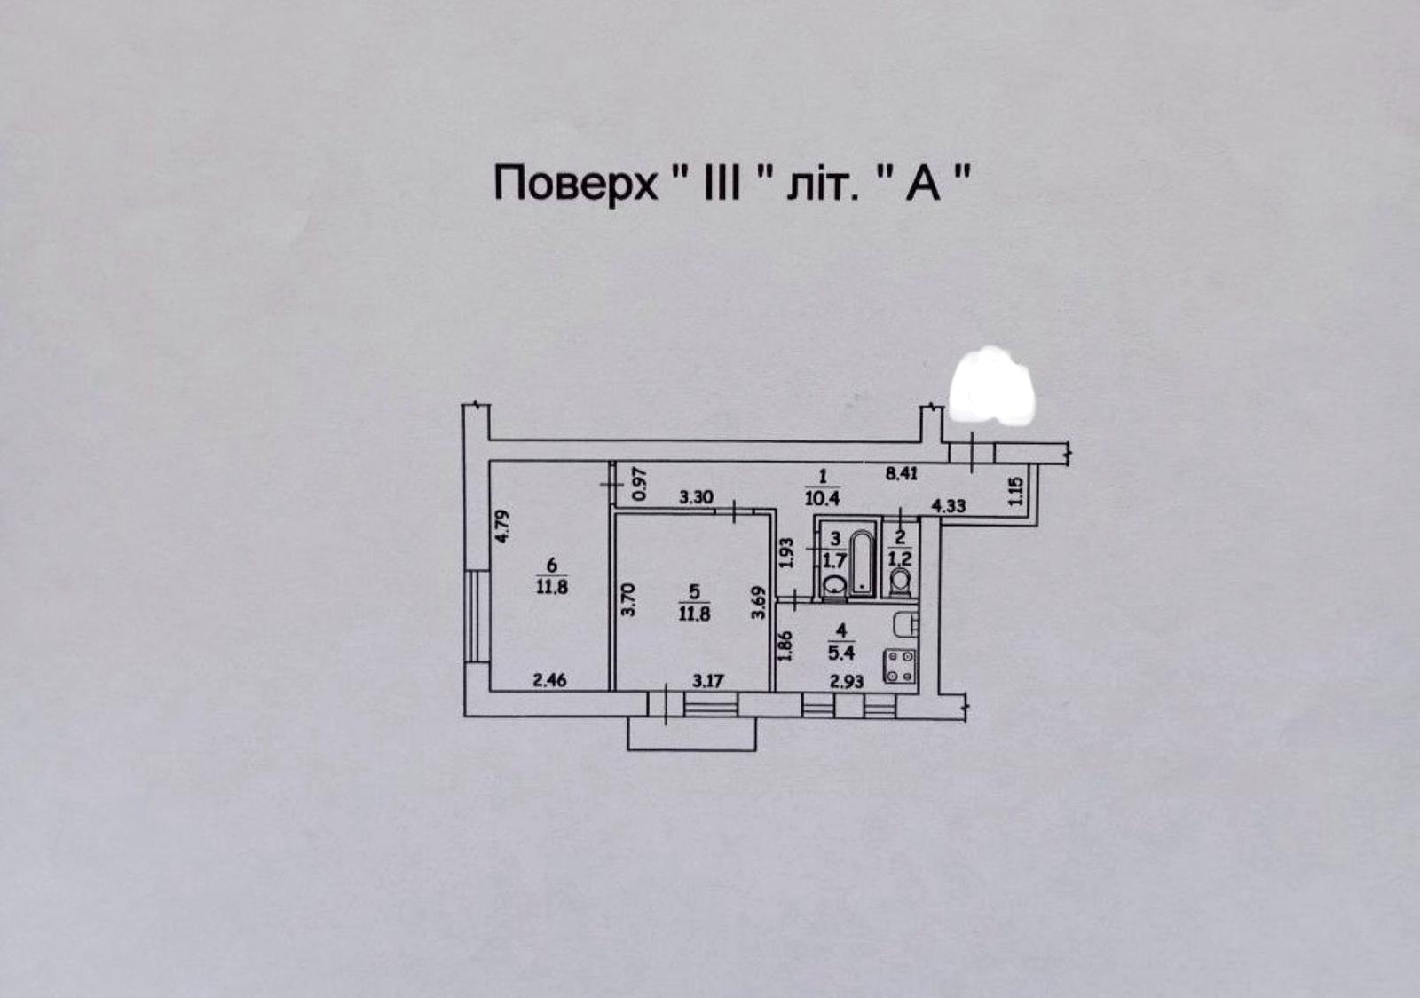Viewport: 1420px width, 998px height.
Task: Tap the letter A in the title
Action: coord(923,183)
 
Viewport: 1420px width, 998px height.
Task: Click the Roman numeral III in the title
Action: coord(722,183)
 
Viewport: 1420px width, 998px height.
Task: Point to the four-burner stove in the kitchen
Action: coord(900,667)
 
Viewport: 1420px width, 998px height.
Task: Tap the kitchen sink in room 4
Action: coord(905,625)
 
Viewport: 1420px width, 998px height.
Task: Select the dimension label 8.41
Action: coord(902,473)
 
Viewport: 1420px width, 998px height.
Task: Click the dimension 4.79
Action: coord(501,527)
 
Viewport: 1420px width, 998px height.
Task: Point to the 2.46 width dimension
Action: coord(549,681)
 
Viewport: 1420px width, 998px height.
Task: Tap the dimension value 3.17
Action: coord(707,682)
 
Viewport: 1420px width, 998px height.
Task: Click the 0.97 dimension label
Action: coord(640,484)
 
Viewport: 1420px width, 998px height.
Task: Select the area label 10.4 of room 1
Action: coord(822,498)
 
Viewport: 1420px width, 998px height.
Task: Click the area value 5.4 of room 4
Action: coord(841,653)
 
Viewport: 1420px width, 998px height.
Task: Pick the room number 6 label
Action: coord(551,564)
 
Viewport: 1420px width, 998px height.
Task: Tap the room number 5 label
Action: coord(694,592)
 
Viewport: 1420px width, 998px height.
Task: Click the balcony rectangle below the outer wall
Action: coord(691,734)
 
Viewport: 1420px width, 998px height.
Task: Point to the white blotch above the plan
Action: coord(990,385)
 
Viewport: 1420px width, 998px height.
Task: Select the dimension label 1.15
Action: coord(1015,491)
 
